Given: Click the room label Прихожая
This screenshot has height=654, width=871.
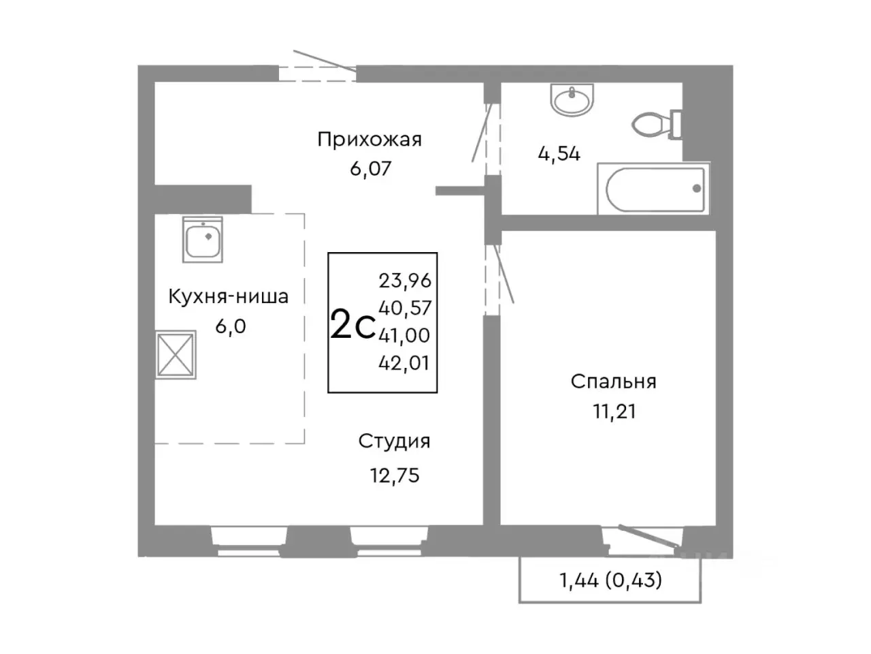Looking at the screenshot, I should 369,140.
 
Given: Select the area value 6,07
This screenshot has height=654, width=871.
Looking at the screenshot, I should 370,168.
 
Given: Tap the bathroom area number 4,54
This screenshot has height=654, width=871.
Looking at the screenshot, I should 559,154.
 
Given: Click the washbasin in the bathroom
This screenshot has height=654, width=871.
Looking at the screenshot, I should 573,101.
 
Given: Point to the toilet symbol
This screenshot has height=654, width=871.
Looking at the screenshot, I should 656,124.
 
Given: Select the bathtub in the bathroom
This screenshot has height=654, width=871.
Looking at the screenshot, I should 654,189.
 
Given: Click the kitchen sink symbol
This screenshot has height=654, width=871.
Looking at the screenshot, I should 202,240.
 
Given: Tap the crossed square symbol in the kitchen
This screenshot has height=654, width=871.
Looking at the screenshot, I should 176,354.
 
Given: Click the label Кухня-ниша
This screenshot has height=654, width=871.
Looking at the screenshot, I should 228,297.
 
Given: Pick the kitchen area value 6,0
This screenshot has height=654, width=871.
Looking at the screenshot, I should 230,327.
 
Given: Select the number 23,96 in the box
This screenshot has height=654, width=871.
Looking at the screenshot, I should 405,280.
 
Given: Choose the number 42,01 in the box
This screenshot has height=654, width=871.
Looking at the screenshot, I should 404,363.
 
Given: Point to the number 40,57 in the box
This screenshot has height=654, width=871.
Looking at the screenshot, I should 405,308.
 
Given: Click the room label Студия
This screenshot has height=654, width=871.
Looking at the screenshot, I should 394,441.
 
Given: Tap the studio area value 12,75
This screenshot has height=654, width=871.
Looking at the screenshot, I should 394,476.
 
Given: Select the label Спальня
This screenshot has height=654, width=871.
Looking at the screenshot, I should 613,381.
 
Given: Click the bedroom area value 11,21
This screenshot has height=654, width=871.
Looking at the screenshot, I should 613,411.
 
